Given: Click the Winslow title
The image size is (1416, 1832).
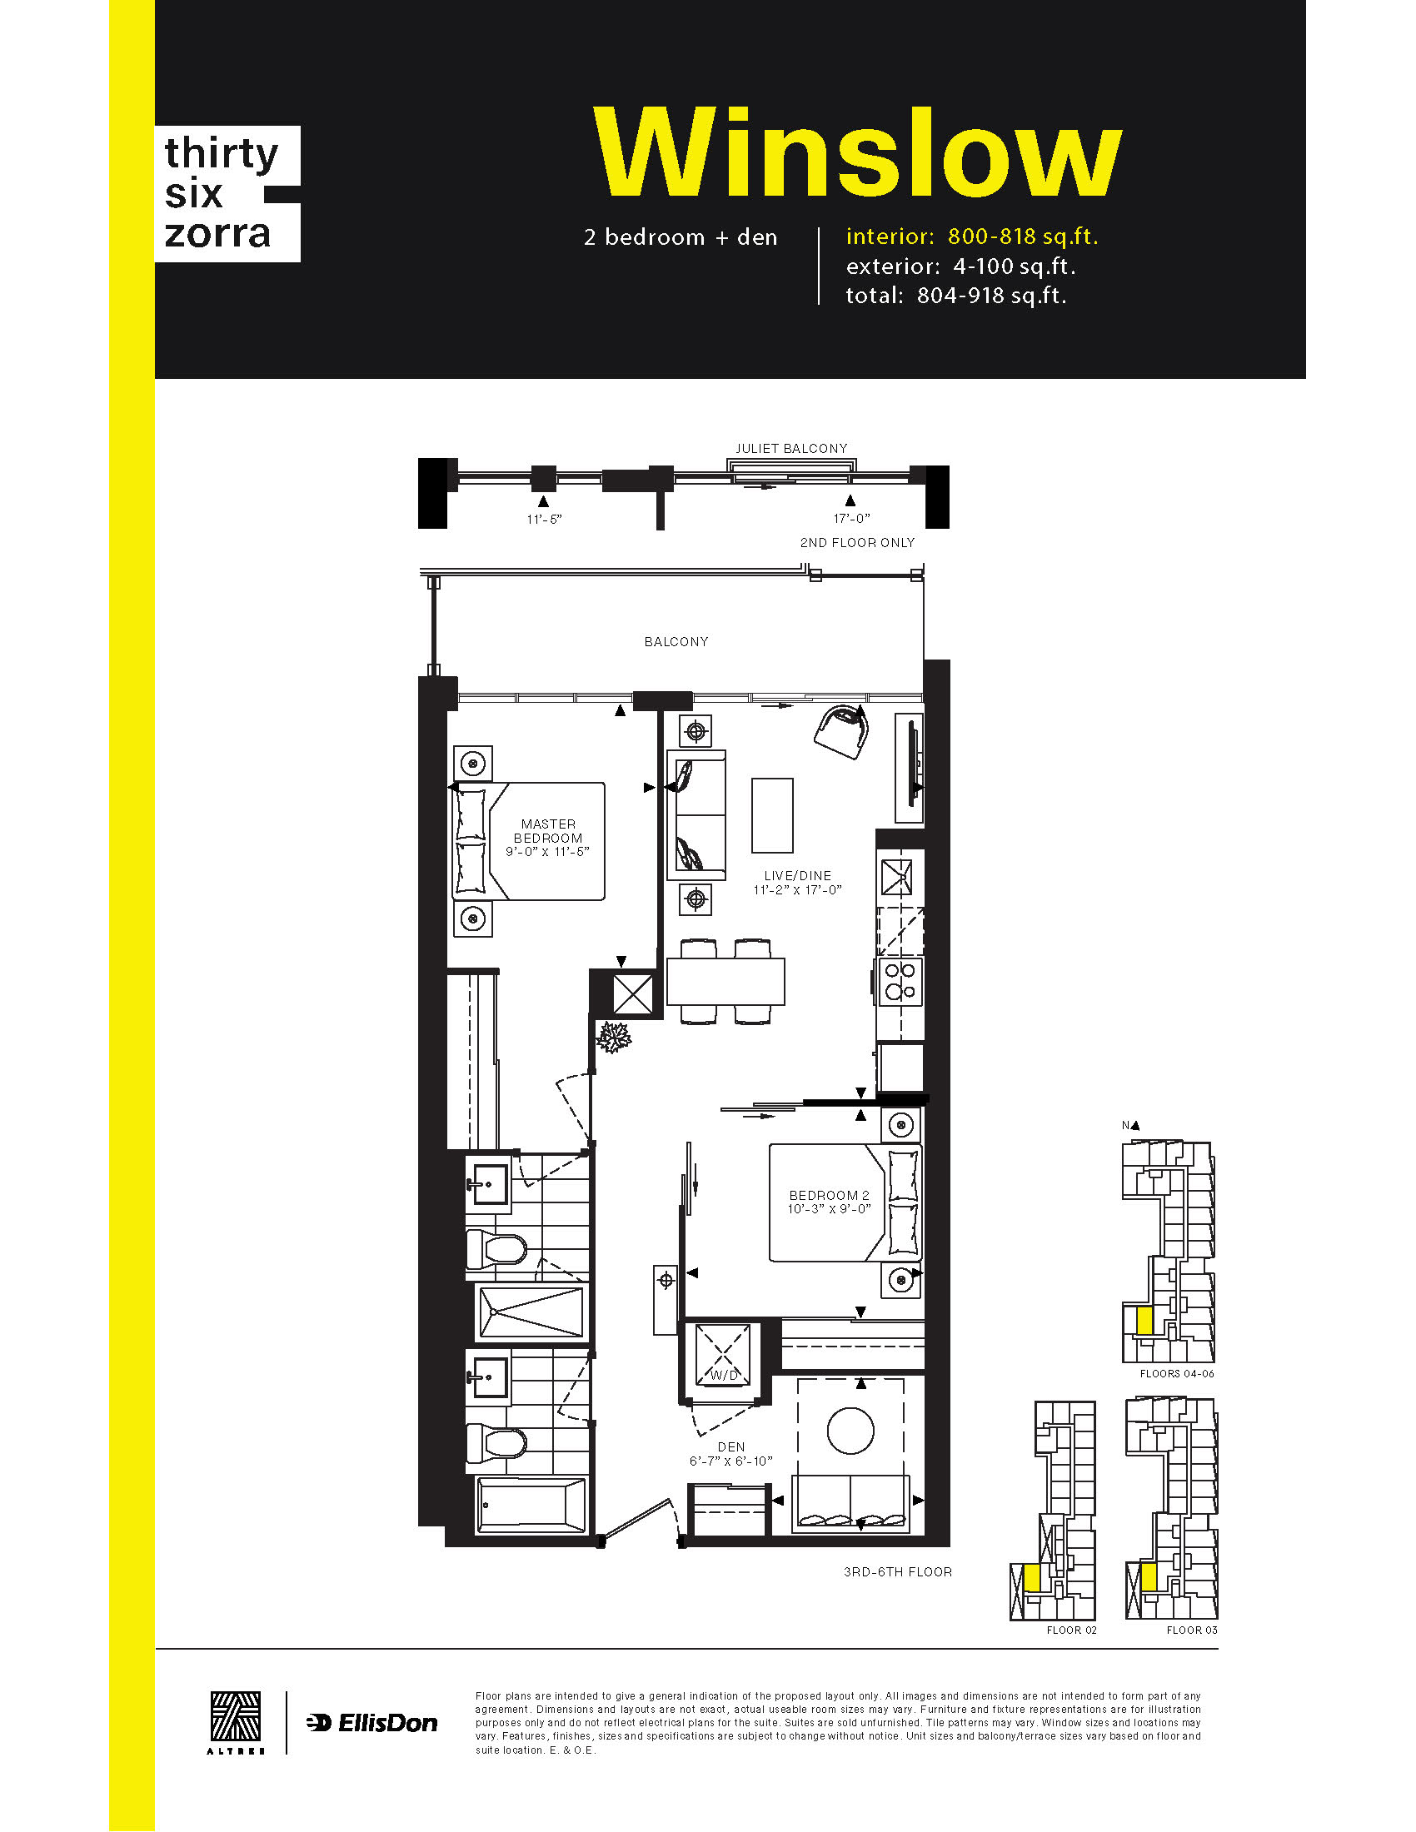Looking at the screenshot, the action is (x=857, y=152).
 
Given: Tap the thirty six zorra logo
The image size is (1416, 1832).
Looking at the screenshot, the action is (x=227, y=194).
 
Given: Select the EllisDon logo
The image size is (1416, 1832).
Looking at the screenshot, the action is (x=371, y=1723).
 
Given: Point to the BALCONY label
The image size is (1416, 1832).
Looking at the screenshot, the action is (x=676, y=642).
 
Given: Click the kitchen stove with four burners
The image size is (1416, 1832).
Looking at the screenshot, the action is (x=900, y=983).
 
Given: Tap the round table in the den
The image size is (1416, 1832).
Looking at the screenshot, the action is (x=850, y=1430).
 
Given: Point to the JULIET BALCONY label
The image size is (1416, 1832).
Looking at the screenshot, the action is (x=791, y=449).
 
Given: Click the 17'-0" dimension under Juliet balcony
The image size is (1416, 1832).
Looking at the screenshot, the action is (x=851, y=520).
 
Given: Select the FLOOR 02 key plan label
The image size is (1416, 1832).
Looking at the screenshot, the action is (x=1071, y=1630).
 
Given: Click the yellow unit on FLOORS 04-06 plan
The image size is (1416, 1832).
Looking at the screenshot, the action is (x=1144, y=1321).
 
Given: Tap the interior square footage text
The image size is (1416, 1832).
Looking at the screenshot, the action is (x=972, y=236).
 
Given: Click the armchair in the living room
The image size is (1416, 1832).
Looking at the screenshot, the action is (x=841, y=731).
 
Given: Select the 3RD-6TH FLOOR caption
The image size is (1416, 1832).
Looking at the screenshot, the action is (x=898, y=1572).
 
